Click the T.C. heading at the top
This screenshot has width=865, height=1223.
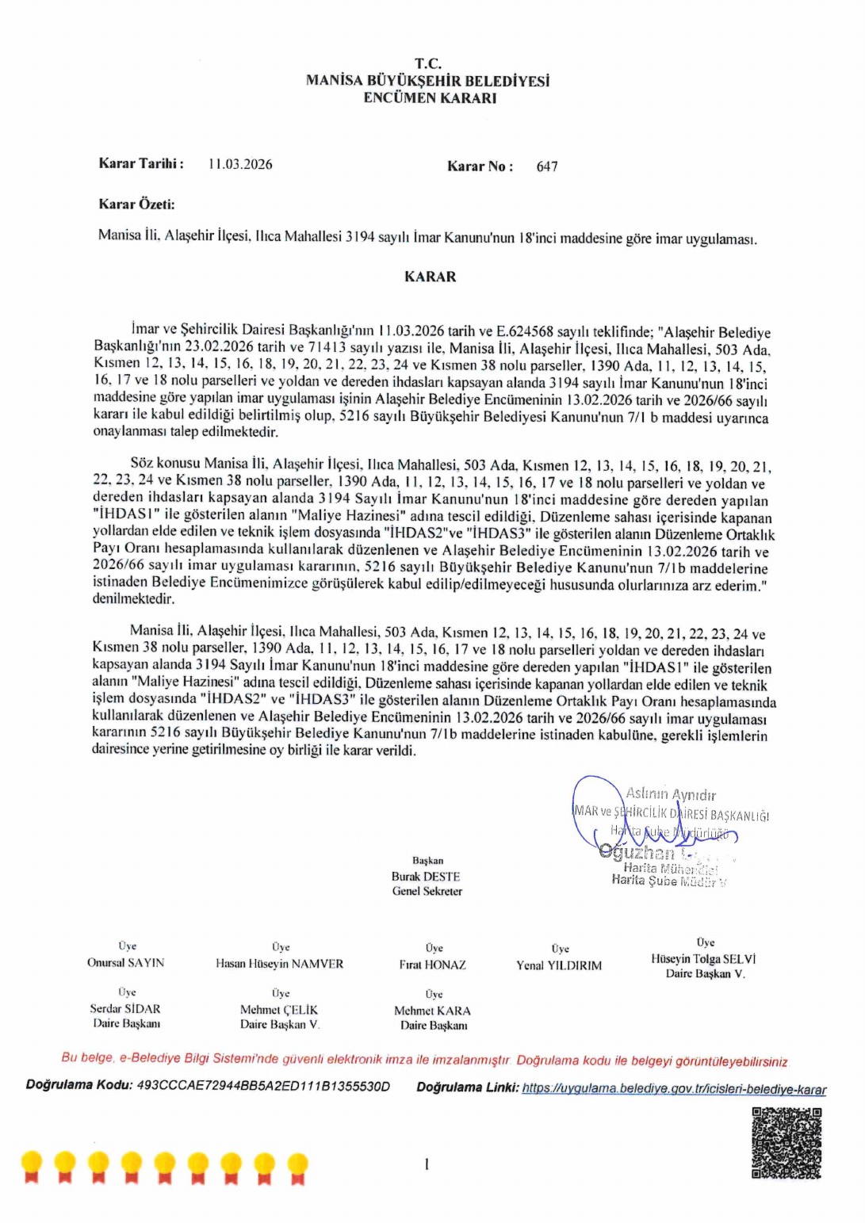(428, 63)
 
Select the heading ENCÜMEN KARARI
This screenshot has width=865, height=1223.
(430, 98)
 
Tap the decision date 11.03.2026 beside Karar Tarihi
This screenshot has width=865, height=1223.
(240, 164)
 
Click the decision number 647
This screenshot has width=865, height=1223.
(547, 166)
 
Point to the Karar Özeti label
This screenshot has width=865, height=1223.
(136, 204)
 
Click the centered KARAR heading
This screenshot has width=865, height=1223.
(430, 277)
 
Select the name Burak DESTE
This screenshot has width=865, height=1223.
(426, 877)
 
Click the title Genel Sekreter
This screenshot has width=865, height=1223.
(427, 891)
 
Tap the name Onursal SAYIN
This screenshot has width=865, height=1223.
(125, 962)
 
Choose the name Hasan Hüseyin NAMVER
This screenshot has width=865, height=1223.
(280, 964)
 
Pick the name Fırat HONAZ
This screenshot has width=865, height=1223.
(433, 965)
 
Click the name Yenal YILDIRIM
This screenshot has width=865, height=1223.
(559, 965)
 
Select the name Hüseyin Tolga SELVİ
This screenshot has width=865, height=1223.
(703, 959)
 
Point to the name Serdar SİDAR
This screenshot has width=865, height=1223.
(125, 1009)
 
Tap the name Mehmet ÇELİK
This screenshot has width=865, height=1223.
(279, 1010)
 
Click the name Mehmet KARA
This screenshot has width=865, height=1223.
(432, 1011)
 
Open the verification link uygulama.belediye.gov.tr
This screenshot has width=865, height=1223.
(673, 1089)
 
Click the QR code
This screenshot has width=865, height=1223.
(786, 1143)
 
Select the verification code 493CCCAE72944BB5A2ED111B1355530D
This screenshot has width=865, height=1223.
(263, 1086)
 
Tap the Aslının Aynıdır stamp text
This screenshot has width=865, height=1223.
(671, 794)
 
